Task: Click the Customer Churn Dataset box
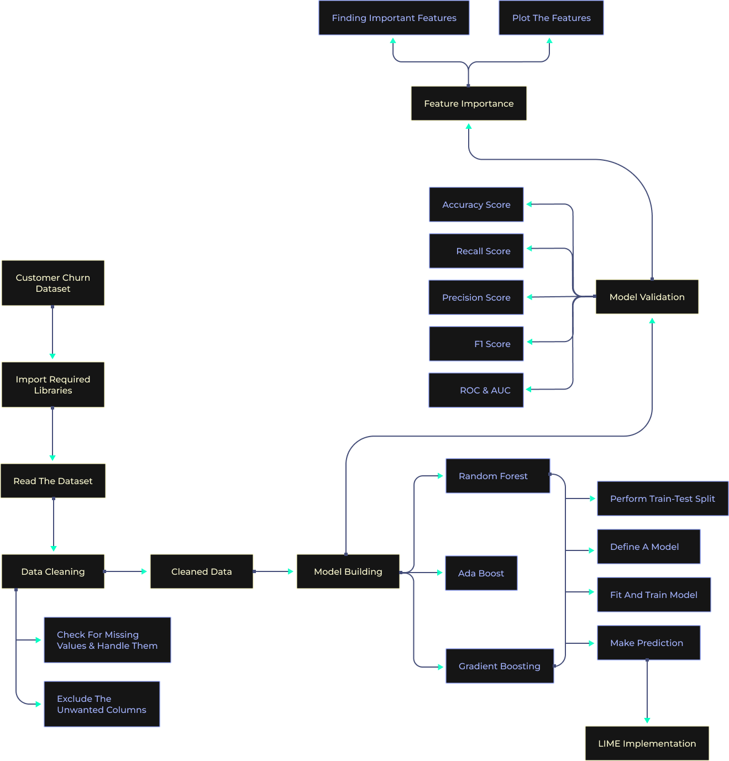coord(53,283)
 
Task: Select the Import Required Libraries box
coord(53,385)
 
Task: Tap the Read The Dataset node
coord(53,481)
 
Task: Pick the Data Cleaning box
coord(53,571)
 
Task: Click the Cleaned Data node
coord(202,571)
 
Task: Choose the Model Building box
coord(348,571)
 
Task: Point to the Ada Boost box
coord(481,573)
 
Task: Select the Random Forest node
coord(498,476)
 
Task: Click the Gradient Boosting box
coord(500,666)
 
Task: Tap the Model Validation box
coord(647,297)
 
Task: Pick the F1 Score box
coord(476,344)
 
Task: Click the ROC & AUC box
coord(476,390)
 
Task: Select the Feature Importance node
coord(469,103)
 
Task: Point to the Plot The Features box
coord(551,18)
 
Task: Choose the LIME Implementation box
coord(647,743)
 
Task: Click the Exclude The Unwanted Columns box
coord(102,704)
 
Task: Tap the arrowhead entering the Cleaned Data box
coord(145,571)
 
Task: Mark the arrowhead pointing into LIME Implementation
coord(647,721)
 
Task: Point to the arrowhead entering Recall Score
coord(529,249)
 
